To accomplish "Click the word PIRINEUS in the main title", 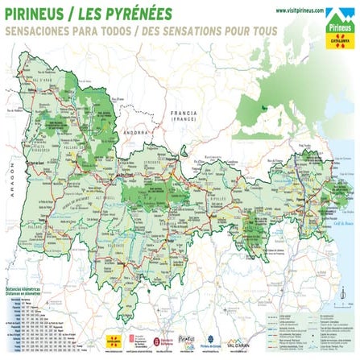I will pos(36,14).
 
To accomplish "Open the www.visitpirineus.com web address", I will pos(299,10).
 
